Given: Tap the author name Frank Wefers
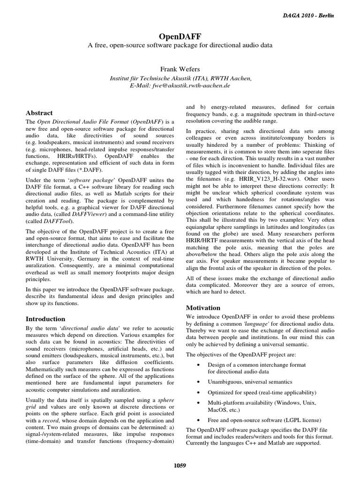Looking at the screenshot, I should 180,69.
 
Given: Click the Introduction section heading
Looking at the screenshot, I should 45,319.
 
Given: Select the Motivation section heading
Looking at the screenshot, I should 203,308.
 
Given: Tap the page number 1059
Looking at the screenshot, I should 180,465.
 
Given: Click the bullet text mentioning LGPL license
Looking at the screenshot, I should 264,420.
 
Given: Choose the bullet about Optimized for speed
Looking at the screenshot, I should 262,392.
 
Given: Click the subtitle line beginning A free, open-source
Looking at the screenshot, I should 180,45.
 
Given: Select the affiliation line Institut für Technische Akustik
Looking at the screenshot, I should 180,78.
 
